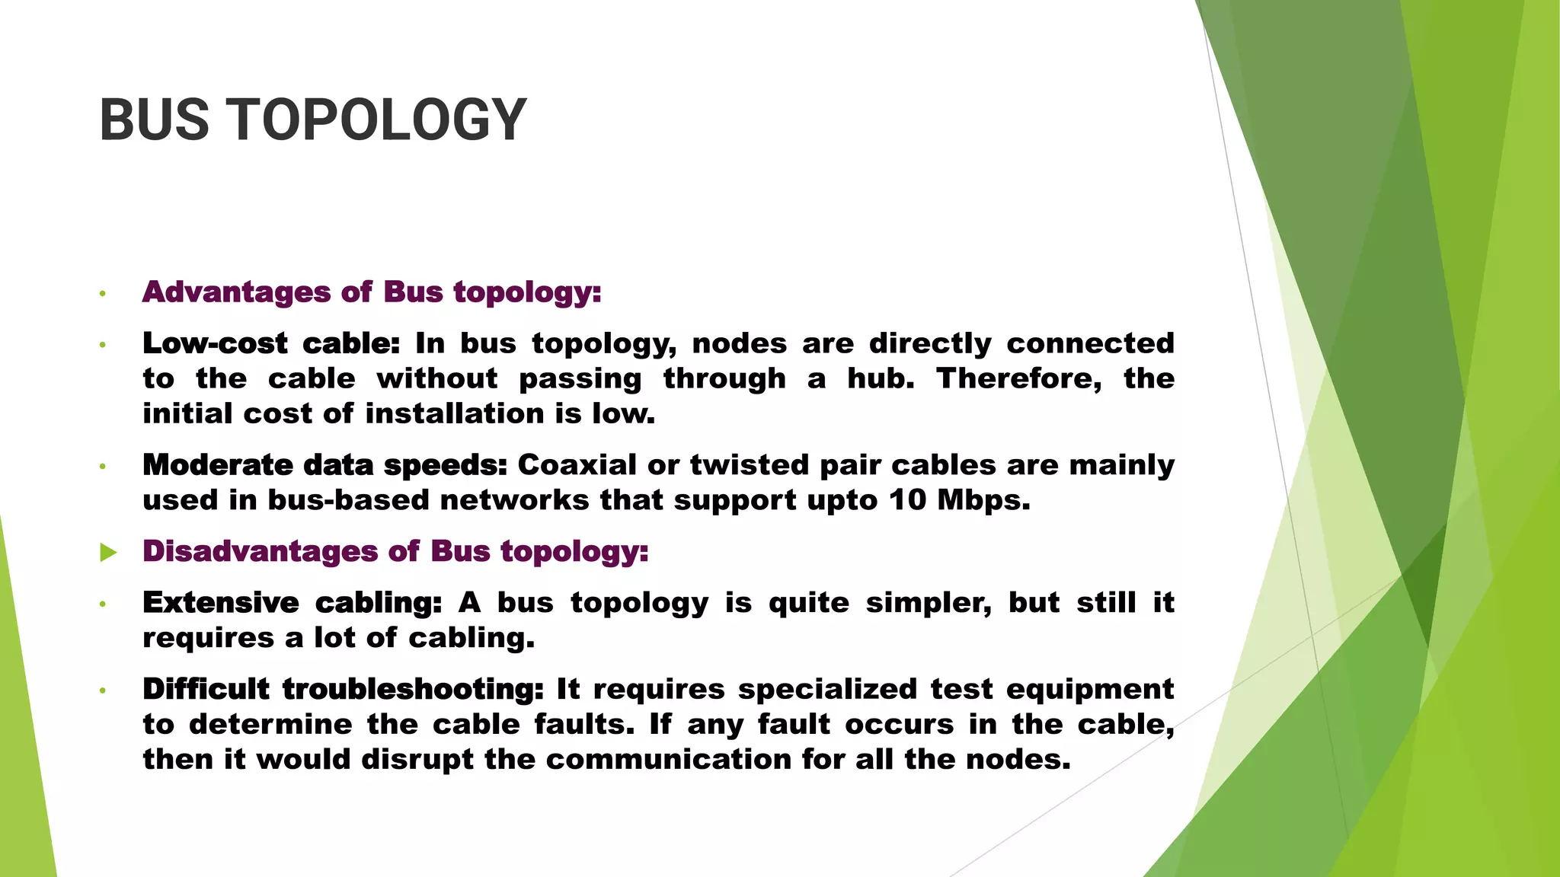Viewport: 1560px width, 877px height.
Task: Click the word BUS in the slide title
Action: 154,120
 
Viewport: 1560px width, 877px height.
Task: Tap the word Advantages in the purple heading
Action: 236,292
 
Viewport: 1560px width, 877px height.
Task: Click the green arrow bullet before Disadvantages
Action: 108,553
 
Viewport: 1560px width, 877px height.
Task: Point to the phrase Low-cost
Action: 215,344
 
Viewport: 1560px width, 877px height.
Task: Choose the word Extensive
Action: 221,603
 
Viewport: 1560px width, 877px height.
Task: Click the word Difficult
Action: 206,690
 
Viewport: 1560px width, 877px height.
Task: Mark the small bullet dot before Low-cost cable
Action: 102,346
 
